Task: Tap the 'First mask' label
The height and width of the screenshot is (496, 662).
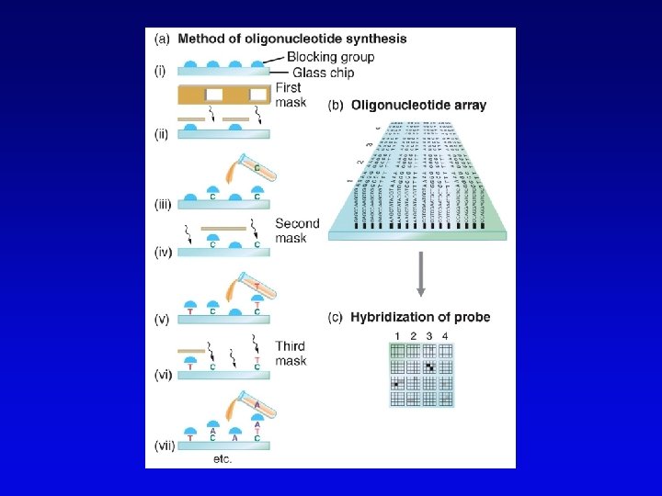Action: (289, 96)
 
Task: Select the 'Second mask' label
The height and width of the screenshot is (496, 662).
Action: (297, 231)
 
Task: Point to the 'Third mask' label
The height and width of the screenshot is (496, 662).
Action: (291, 355)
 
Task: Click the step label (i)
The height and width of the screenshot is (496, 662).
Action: (158, 72)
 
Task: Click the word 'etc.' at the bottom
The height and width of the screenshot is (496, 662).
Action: (222, 457)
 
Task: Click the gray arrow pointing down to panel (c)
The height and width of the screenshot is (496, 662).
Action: (420, 275)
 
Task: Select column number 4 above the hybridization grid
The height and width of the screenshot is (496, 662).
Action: (445, 335)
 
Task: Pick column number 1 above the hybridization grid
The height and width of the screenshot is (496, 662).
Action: (396, 335)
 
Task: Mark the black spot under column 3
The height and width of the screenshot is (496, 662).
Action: (428, 366)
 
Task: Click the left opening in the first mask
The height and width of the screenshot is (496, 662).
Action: (214, 95)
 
